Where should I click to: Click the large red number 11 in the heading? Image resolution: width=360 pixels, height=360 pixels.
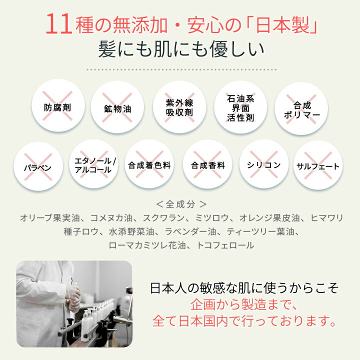click(x=59, y=24)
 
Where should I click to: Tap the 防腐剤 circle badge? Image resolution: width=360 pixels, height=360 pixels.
click(x=58, y=105)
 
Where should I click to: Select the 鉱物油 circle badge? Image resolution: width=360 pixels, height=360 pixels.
click(x=117, y=107)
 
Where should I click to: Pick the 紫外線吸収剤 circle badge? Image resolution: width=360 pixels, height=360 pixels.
click(x=179, y=107)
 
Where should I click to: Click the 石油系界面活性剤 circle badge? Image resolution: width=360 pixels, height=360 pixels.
click(x=240, y=107)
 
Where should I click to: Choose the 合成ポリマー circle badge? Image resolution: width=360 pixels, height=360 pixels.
click(x=301, y=108)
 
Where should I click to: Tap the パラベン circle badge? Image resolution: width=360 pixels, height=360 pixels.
click(x=38, y=166)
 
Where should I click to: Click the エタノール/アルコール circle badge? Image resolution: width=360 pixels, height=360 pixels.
click(x=93, y=164)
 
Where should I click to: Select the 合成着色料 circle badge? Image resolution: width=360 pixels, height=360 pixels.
click(x=149, y=164)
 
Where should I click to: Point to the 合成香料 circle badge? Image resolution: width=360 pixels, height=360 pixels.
click(x=207, y=164)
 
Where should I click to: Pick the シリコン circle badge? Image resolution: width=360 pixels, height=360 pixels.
click(x=264, y=164)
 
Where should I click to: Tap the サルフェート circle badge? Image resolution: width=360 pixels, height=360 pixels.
click(x=318, y=165)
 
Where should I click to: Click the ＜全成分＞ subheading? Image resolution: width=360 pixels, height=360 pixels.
click(x=181, y=204)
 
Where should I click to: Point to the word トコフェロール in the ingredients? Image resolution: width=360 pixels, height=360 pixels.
click(x=225, y=245)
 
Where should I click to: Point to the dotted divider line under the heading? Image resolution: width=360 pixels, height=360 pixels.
click(x=181, y=69)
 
